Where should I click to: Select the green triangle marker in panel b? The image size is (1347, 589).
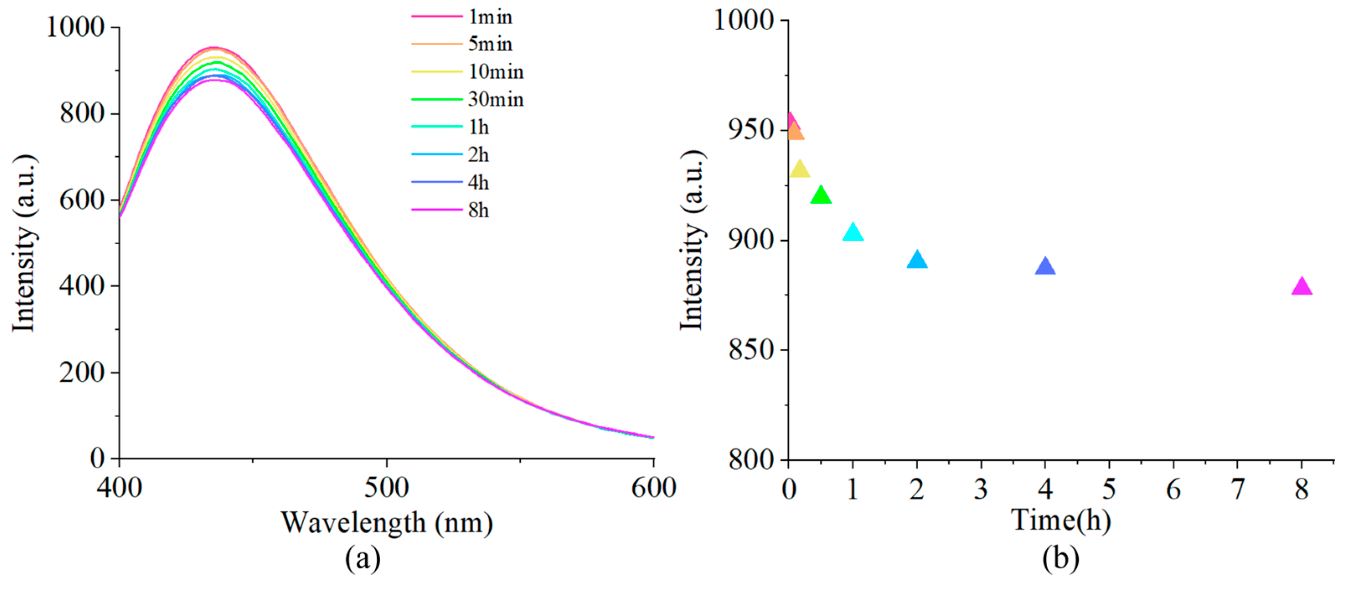click(x=821, y=196)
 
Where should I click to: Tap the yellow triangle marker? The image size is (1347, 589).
click(x=800, y=170)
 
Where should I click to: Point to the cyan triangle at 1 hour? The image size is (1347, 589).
click(x=853, y=232)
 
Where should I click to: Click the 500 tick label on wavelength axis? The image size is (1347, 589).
click(x=387, y=488)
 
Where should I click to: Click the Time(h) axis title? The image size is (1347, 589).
click(x=1061, y=520)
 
